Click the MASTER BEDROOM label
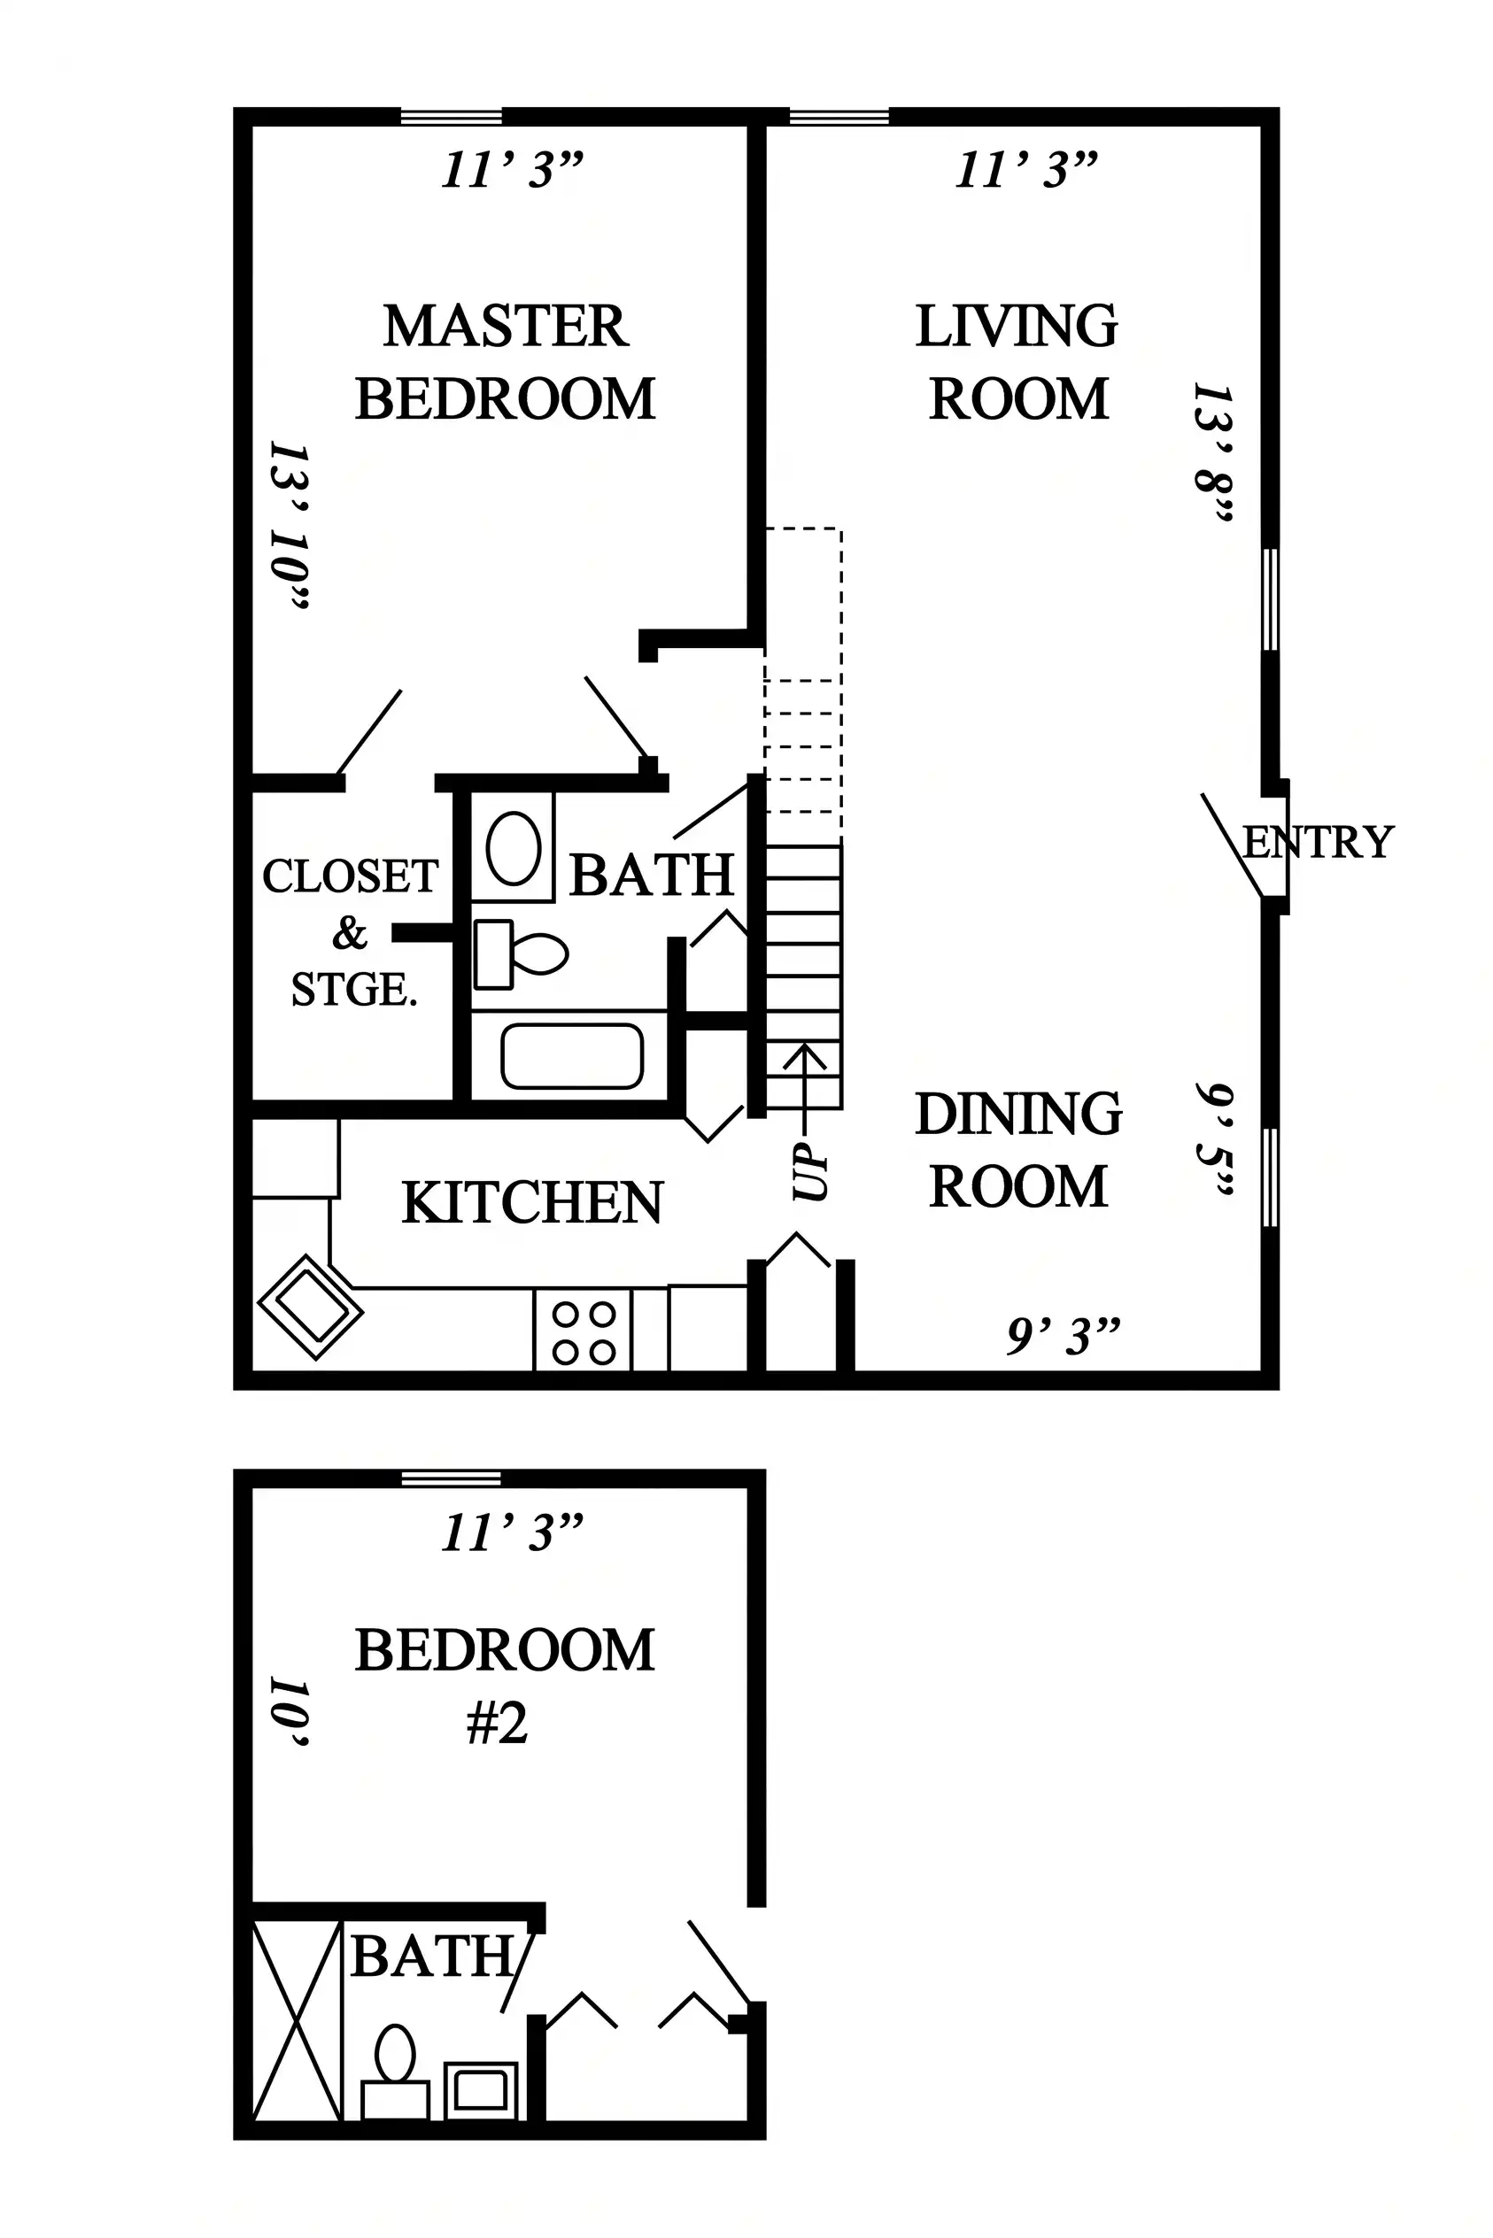click(x=505, y=362)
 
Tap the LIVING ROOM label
click(x=1017, y=362)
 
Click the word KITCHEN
click(x=532, y=1202)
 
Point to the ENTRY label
click(x=1319, y=843)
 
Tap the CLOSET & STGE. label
click(x=351, y=933)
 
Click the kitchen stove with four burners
click(x=583, y=1330)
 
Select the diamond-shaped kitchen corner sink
click(x=311, y=1307)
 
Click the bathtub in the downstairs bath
click(x=572, y=1055)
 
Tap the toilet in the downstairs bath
click(x=521, y=953)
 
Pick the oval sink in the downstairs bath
click(x=514, y=848)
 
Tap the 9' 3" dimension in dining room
click(x=1064, y=1337)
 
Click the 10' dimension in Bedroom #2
click(x=290, y=1712)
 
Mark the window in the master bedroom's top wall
click(x=451, y=117)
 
